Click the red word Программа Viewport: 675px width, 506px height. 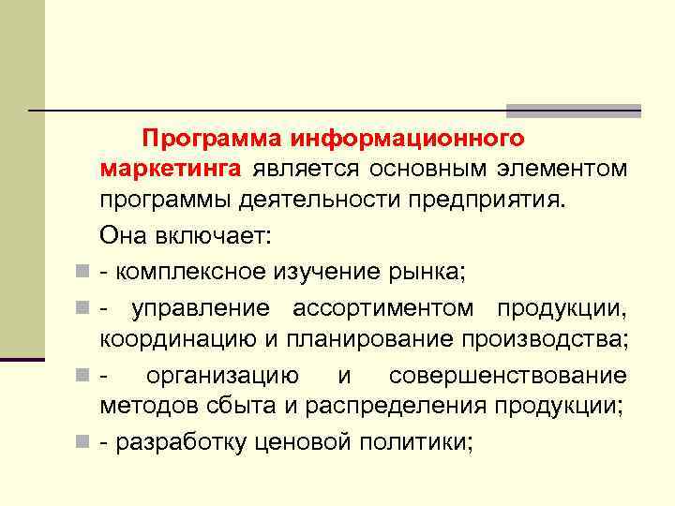coord(213,139)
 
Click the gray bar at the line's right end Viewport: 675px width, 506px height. coord(573,111)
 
